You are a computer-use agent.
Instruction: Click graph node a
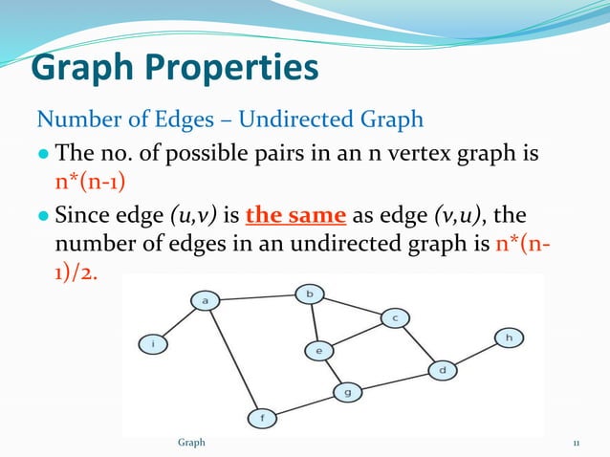coord(205,300)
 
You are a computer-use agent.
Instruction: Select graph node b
coord(309,294)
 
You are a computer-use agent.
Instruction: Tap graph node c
coord(395,317)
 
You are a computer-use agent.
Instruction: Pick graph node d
coord(443,369)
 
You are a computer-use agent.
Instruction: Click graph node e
coord(318,351)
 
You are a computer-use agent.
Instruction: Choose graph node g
coord(347,392)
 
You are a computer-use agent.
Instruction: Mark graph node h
coord(509,337)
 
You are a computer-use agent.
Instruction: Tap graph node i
coord(153,342)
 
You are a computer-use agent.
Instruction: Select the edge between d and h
coord(475,354)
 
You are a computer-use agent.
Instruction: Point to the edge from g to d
coord(395,381)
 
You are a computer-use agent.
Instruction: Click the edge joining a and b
coord(256,297)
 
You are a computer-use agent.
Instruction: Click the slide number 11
coord(577,444)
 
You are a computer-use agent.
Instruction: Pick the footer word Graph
coord(191,444)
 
